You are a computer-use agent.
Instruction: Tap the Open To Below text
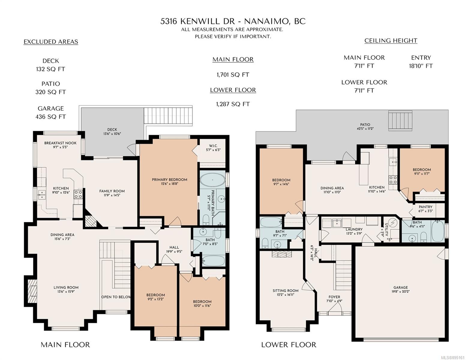[x=116, y=297]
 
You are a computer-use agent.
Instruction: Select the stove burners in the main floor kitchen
[x=78, y=194]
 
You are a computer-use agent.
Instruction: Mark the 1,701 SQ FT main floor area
[x=233, y=75]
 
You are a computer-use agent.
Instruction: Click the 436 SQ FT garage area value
[x=51, y=117]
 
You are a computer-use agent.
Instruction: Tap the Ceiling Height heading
[x=391, y=41]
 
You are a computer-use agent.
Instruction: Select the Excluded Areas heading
[x=51, y=42]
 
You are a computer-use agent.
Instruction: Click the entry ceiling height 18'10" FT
[x=421, y=66]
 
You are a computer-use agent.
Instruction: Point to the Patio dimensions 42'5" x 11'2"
[x=365, y=129]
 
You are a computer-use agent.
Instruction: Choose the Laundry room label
[x=354, y=229]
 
